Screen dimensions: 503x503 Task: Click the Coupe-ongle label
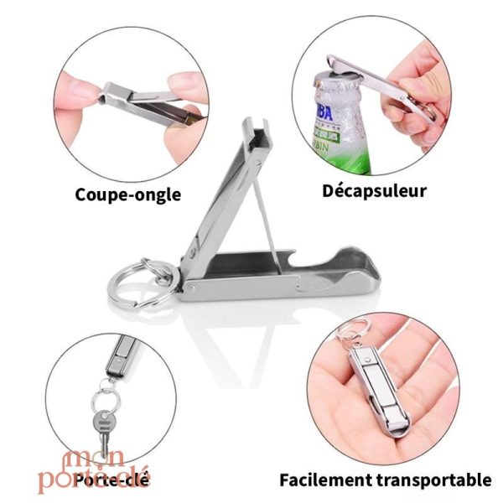127,194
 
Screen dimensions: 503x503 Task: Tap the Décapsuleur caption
374,190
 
